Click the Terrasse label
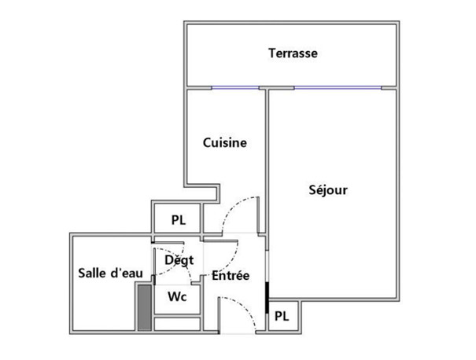pyautogui.click(x=293, y=53)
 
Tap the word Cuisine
pyautogui.click(x=225, y=143)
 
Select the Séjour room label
pyautogui.click(x=328, y=190)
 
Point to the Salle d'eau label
pyautogui.click(x=110, y=273)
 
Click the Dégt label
pyautogui.click(x=179, y=260)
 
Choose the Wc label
pyautogui.click(x=177, y=296)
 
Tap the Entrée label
pyautogui.click(x=231, y=275)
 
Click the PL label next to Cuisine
pyautogui.click(x=179, y=220)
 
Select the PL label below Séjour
pyautogui.click(x=282, y=316)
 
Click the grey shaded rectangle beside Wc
pyautogui.click(x=145, y=307)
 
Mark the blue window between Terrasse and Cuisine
pyautogui.click(x=235, y=88)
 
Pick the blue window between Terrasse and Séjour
pyautogui.click(x=338, y=88)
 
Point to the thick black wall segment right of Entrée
pyautogui.click(x=268, y=298)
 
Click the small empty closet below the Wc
pyautogui.click(x=177, y=324)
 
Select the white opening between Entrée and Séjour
pyautogui.click(x=268, y=266)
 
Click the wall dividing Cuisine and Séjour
pyautogui.click(x=267, y=160)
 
